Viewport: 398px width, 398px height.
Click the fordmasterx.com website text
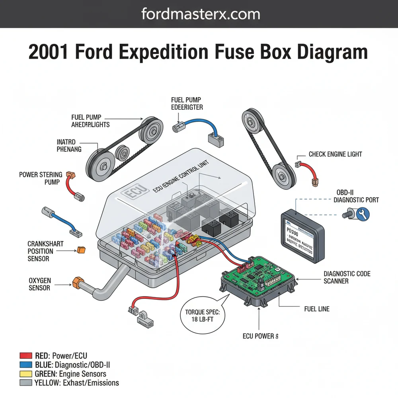(201, 14)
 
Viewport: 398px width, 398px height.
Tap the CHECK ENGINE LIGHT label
(335, 154)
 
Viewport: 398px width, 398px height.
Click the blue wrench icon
(363, 214)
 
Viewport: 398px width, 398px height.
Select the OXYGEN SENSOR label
(40, 283)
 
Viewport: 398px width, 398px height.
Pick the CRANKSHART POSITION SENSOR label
(40, 251)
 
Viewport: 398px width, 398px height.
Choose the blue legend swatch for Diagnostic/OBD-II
(25, 365)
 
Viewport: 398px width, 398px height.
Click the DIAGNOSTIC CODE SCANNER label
(347, 277)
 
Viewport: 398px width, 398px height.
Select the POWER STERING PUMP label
(41, 178)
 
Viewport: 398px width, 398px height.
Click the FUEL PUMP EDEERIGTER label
(187, 103)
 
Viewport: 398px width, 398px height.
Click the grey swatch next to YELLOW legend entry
(25, 383)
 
